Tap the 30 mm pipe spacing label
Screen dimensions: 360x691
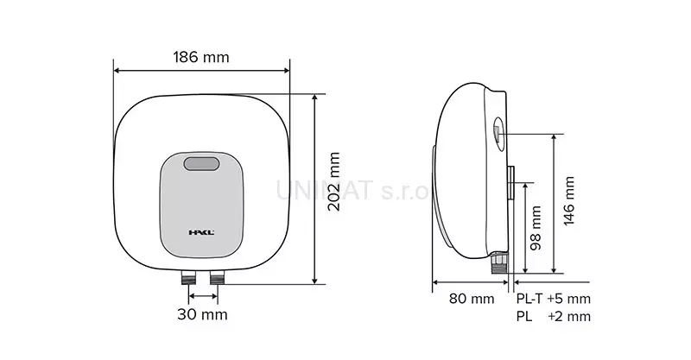coord(203,314)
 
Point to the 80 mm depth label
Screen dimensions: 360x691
coord(472,299)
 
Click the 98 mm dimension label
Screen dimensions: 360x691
coord(536,226)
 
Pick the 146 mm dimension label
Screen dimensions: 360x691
coord(569,201)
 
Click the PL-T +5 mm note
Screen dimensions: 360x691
coord(554,299)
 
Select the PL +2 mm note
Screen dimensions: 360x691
coord(554,316)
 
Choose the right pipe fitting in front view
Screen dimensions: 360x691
coord(216,278)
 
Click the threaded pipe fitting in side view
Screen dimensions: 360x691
coord(498,260)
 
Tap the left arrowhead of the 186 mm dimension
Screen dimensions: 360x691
coord(117,73)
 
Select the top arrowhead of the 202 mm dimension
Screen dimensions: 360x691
coord(316,97)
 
